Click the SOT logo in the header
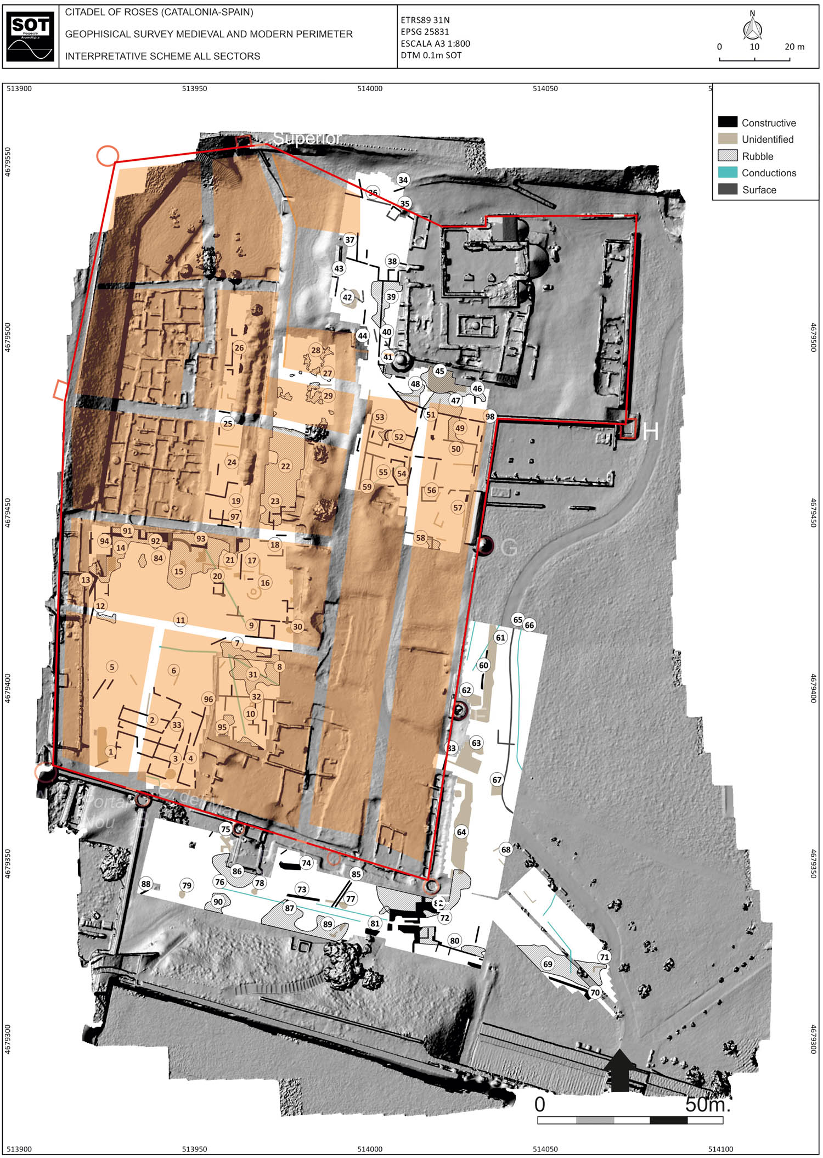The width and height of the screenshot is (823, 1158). pyautogui.click(x=30, y=37)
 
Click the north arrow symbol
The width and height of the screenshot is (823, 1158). pyautogui.click(x=752, y=28)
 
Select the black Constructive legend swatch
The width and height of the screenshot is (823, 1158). pyautogui.click(x=728, y=122)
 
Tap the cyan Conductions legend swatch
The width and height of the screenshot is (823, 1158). pyautogui.click(x=728, y=172)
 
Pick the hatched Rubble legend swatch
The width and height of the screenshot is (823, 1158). pyautogui.click(x=728, y=156)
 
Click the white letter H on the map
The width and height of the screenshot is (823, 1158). pyautogui.click(x=650, y=431)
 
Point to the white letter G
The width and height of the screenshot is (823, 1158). pyautogui.click(x=509, y=547)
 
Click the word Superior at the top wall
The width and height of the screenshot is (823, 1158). pyautogui.click(x=307, y=138)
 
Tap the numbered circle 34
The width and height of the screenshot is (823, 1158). pyautogui.click(x=403, y=180)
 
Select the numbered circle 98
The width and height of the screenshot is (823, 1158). pyautogui.click(x=490, y=416)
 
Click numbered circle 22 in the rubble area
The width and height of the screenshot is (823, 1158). pyautogui.click(x=285, y=466)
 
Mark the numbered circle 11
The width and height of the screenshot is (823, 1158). pyautogui.click(x=181, y=620)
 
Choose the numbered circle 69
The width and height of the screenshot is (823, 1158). pyautogui.click(x=548, y=964)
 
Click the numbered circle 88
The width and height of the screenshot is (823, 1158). pyautogui.click(x=145, y=884)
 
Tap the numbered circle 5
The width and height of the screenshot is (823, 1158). pyautogui.click(x=112, y=667)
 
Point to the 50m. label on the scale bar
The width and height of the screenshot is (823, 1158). pyautogui.click(x=708, y=1104)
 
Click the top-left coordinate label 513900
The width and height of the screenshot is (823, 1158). pyautogui.click(x=19, y=88)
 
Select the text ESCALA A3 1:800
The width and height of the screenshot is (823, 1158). pyautogui.click(x=435, y=43)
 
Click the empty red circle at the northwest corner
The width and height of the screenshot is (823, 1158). pyautogui.click(x=108, y=156)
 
